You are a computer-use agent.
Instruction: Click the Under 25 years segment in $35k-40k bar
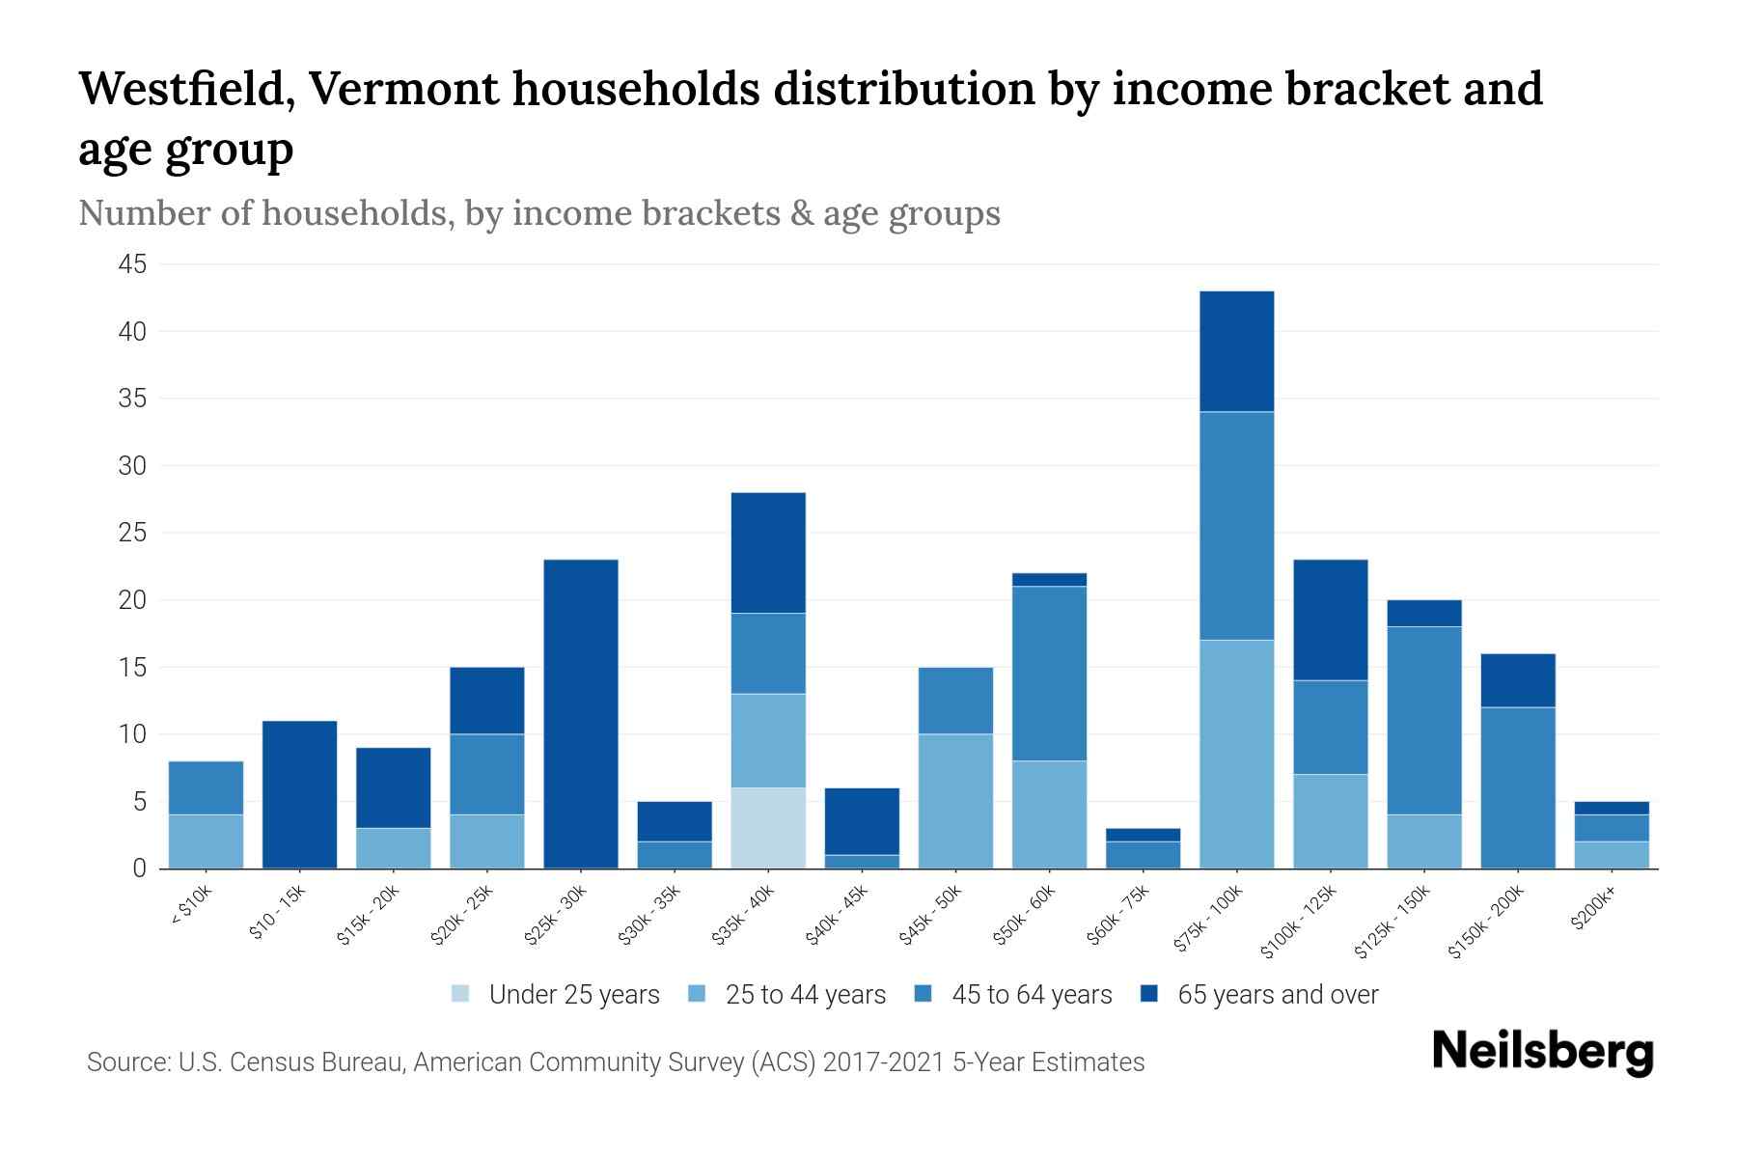point(768,828)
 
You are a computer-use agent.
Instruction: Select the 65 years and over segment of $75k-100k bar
point(1236,351)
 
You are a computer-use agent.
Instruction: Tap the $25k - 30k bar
point(581,714)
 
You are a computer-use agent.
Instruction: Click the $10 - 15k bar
point(299,794)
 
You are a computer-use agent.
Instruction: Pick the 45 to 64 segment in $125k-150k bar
point(1423,721)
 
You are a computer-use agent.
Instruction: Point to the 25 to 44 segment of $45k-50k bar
point(955,801)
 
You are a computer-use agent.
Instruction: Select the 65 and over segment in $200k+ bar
point(1611,808)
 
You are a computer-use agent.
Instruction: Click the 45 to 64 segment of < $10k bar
point(206,787)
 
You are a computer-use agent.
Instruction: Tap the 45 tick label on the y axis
point(132,264)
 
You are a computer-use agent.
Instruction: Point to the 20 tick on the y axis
point(132,600)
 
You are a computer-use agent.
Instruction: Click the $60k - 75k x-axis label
point(1119,916)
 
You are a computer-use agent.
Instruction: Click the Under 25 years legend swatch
point(460,994)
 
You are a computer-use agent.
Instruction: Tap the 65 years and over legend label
point(1278,995)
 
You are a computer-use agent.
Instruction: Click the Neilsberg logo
point(1542,1052)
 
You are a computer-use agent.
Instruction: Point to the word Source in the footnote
point(125,1062)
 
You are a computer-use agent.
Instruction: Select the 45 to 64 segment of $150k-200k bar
point(1517,787)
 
